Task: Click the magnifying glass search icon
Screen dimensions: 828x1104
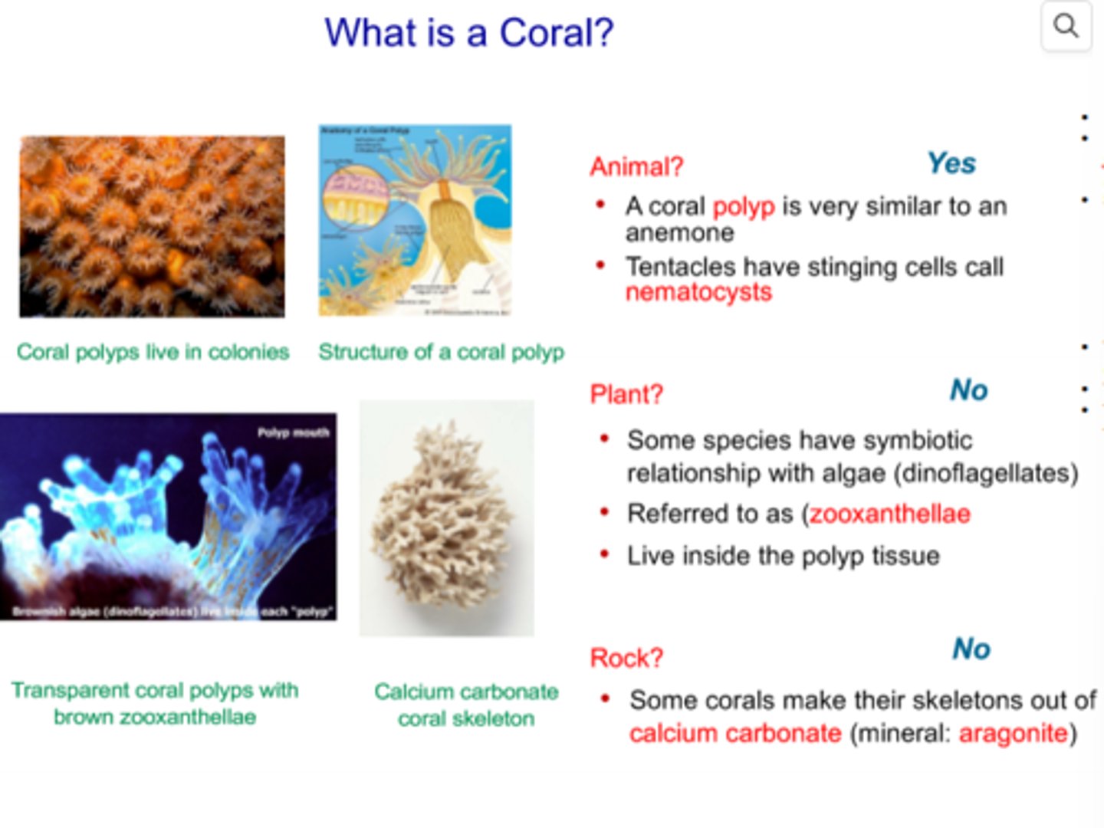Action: [1066, 26]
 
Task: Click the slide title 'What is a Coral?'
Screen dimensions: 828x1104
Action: [468, 33]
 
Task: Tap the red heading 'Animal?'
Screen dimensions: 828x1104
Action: [636, 166]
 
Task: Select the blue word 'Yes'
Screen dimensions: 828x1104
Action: [951, 163]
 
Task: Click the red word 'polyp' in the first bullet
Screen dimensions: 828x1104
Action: [743, 206]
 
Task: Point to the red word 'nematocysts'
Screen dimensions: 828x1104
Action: [698, 292]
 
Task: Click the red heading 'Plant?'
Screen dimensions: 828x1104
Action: [626, 394]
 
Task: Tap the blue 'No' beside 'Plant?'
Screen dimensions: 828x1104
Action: [968, 390]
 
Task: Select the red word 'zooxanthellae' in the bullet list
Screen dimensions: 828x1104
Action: [889, 514]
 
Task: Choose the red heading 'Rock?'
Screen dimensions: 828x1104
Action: [626, 658]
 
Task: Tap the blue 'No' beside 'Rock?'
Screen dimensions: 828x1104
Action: [971, 649]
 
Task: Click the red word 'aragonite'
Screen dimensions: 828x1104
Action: [1013, 733]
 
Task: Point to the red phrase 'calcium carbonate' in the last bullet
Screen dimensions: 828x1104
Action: [735, 733]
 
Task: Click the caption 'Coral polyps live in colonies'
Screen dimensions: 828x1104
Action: [153, 352]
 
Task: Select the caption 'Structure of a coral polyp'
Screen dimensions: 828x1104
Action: [441, 352]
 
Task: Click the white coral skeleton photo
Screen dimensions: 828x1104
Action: [447, 517]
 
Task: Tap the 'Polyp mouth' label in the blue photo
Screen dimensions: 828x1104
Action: [293, 432]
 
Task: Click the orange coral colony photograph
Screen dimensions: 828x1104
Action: [152, 226]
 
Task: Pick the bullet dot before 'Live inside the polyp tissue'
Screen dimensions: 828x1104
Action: [605, 554]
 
